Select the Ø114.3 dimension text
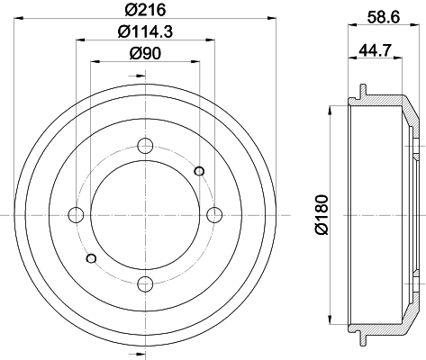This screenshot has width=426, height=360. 146,31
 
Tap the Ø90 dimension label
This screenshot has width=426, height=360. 146,53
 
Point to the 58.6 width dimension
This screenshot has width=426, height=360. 384,17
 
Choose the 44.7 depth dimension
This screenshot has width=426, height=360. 376,49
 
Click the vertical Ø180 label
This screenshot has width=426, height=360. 322,214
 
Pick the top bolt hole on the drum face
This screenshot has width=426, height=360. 145,146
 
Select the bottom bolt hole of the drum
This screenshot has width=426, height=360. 145,283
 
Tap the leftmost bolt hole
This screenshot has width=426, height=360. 77,215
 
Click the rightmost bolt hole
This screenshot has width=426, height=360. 214,215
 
